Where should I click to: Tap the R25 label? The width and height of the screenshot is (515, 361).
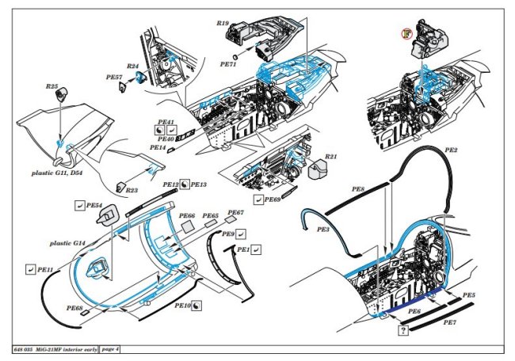52,85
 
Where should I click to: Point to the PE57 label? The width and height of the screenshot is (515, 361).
114,77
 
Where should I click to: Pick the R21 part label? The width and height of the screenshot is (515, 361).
331,156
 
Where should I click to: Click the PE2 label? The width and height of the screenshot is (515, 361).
451,149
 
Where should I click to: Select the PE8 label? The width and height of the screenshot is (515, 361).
358,190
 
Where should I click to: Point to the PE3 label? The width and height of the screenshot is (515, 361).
322,229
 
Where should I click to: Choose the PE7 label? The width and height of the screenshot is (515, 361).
449,323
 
